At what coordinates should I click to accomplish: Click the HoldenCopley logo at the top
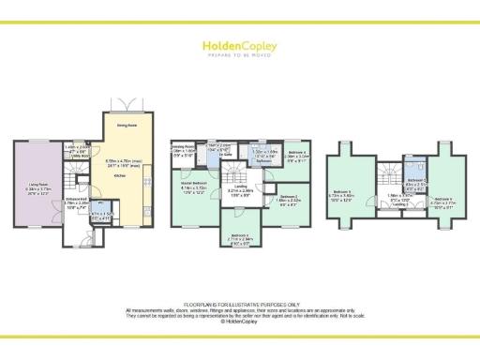(240, 47)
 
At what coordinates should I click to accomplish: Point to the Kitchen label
(120, 174)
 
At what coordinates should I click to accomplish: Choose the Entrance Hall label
(77, 200)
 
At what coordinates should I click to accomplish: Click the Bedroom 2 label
(289, 199)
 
